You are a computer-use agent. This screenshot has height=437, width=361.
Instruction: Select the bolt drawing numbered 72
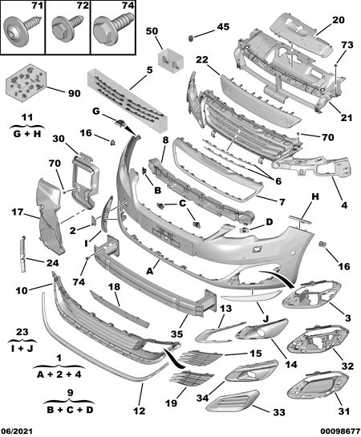(x=67, y=29)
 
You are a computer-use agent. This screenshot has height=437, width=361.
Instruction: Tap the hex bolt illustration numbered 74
(x=112, y=30)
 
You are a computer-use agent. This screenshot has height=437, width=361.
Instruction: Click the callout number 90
(x=74, y=93)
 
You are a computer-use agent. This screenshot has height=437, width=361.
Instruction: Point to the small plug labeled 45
(x=191, y=38)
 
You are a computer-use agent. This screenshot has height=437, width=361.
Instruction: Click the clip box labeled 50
(x=171, y=61)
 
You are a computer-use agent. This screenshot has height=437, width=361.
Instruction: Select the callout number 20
(x=339, y=20)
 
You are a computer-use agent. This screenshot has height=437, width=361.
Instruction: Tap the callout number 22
(x=202, y=59)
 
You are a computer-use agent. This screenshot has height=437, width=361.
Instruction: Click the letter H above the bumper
(x=314, y=196)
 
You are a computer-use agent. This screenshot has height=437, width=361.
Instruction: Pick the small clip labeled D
(x=244, y=230)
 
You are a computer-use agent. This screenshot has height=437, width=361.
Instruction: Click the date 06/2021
(x=17, y=431)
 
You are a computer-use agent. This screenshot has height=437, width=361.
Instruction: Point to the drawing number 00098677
(x=340, y=431)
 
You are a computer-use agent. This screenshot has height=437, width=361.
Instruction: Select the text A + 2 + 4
(x=59, y=374)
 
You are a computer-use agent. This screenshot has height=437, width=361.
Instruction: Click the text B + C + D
(x=70, y=411)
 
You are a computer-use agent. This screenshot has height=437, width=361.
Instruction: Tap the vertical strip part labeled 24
(x=22, y=254)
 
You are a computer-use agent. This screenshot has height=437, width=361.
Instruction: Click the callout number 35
(x=176, y=334)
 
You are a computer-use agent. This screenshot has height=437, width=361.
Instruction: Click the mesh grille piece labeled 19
(x=192, y=378)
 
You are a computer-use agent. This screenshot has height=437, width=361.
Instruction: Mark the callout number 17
(x=18, y=212)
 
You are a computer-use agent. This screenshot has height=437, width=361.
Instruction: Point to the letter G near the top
(x=96, y=111)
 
